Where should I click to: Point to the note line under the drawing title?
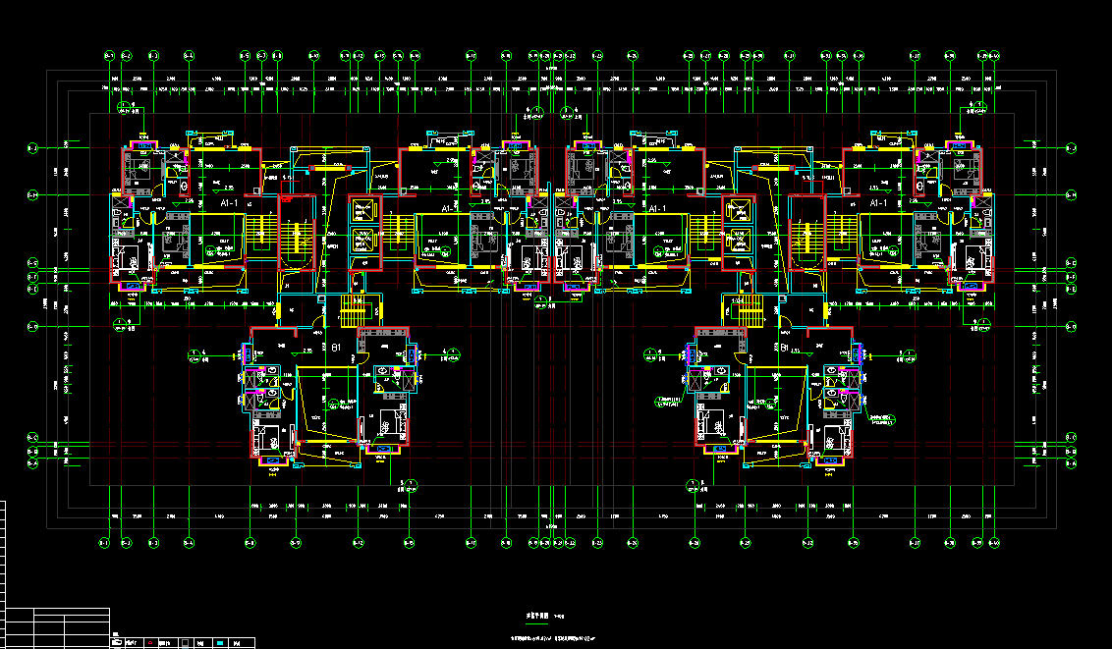pos(555,638)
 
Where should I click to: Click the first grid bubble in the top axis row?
pos(109,55)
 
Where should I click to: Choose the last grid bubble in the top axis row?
pos(994,55)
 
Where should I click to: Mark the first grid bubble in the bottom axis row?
pos(105,541)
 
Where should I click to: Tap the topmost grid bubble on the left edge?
pos(30,147)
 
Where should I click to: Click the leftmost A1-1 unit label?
pos(232,201)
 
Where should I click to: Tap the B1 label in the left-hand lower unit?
pos(335,348)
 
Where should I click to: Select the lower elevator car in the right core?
pos(737,243)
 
